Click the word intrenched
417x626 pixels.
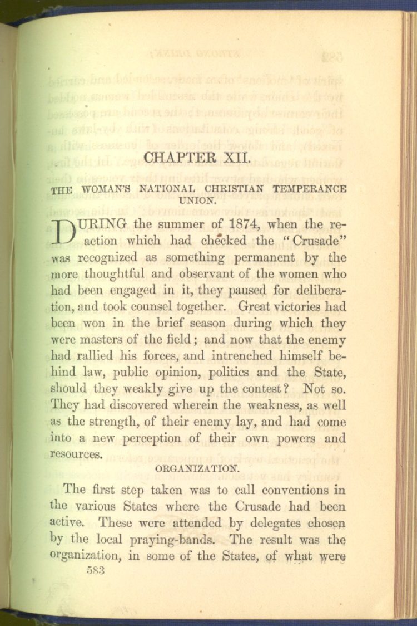click(x=242, y=355)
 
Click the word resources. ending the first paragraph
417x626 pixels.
click(x=76, y=454)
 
